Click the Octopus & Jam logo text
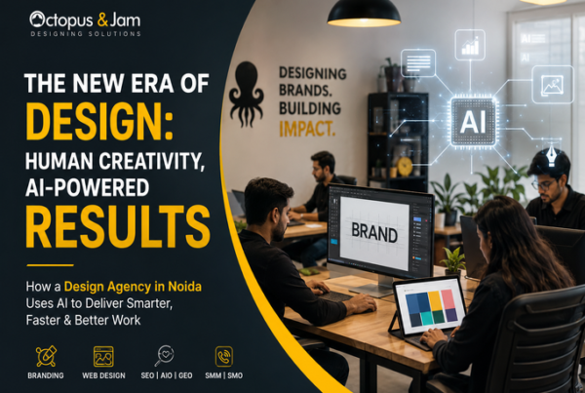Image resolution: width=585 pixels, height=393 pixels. coord(85,20)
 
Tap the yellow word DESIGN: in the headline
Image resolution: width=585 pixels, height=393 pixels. coord(99,122)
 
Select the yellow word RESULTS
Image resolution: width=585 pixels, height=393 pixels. coord(118,227)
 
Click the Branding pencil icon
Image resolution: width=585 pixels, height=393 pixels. coord(46,356)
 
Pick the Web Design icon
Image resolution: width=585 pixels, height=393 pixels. coord(103,356)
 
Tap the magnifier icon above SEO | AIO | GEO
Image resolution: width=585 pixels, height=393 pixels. coord(164,356)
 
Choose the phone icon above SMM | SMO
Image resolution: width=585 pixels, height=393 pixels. coord(224,356)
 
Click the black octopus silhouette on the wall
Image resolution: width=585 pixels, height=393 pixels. coord(247,94)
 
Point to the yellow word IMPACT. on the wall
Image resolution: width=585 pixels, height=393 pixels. coord(307,129)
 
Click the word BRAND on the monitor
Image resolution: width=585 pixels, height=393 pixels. coord(374,232)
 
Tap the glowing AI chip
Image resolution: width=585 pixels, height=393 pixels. coord(473,122)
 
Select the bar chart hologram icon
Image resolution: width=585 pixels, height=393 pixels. coord(470,45)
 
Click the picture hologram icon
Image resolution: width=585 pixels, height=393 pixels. coord(553,85)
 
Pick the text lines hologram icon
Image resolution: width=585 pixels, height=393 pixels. coord(418,63)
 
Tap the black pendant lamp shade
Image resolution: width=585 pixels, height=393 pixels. coord(364,14)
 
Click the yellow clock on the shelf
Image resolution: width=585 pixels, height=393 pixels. coord(405,167)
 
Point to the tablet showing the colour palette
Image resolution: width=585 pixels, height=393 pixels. coord(429,307)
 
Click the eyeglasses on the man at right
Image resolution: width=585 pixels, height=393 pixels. coord(544,184)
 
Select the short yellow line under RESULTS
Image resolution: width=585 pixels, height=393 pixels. coord(50,265)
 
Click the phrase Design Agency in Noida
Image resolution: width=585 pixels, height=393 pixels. coord(133,287)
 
